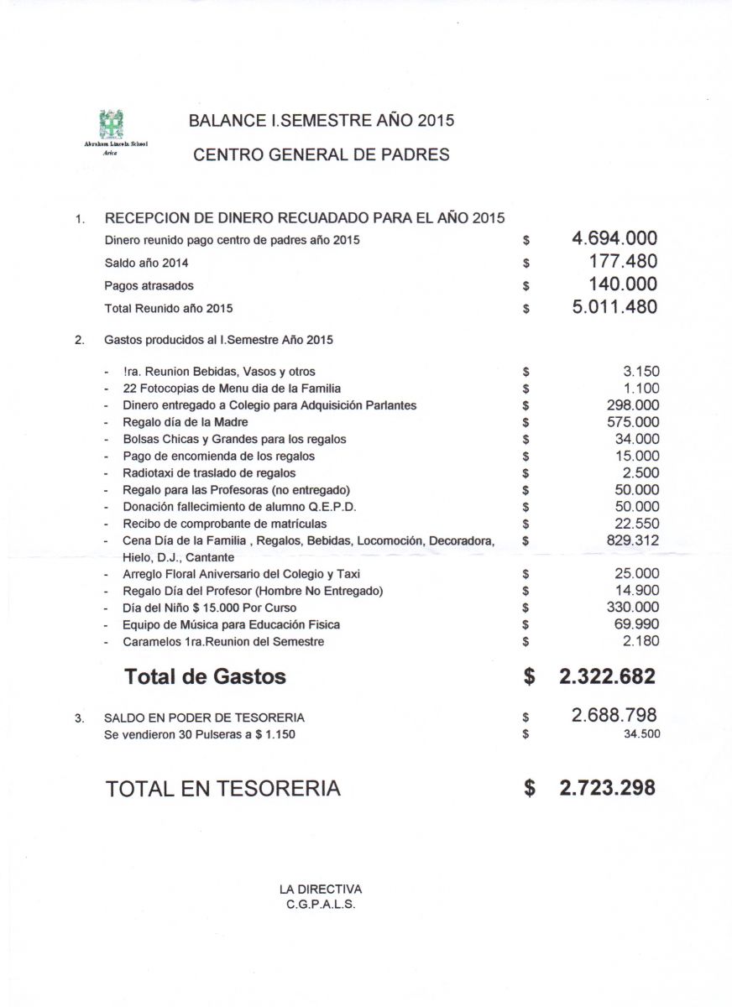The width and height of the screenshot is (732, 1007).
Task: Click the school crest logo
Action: coord(112,125)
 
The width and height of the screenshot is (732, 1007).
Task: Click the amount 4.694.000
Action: coord(614,239)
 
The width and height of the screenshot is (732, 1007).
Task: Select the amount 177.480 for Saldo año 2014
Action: coord(623,262)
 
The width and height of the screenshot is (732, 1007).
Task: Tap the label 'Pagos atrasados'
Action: coord(149,285)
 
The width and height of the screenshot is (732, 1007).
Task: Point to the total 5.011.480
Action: coord(614,307)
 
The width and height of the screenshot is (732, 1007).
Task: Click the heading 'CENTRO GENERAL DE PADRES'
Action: coord(322,154)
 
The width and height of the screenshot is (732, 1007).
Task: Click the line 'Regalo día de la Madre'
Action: coord(186,422)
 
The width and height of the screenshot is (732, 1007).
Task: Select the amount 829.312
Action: coord(633,540)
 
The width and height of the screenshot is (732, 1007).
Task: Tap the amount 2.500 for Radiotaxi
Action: coord(641,472)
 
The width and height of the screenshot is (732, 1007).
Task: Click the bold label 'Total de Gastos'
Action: coord(205,676)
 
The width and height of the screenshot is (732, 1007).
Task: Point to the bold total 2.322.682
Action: coord(607,676)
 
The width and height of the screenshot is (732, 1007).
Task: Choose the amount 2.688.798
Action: coord(614,716)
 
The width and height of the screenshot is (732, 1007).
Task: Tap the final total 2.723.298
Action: coord(607,788)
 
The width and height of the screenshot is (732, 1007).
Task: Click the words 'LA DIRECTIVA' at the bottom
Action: coord(321,889)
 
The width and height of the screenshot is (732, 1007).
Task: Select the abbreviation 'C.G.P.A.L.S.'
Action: coord(322,904)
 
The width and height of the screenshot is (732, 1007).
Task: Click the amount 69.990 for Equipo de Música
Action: coord(637,624)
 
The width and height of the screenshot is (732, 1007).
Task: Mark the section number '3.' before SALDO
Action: coord(80,718)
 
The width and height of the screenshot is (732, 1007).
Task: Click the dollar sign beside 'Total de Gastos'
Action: coord(529,677)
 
